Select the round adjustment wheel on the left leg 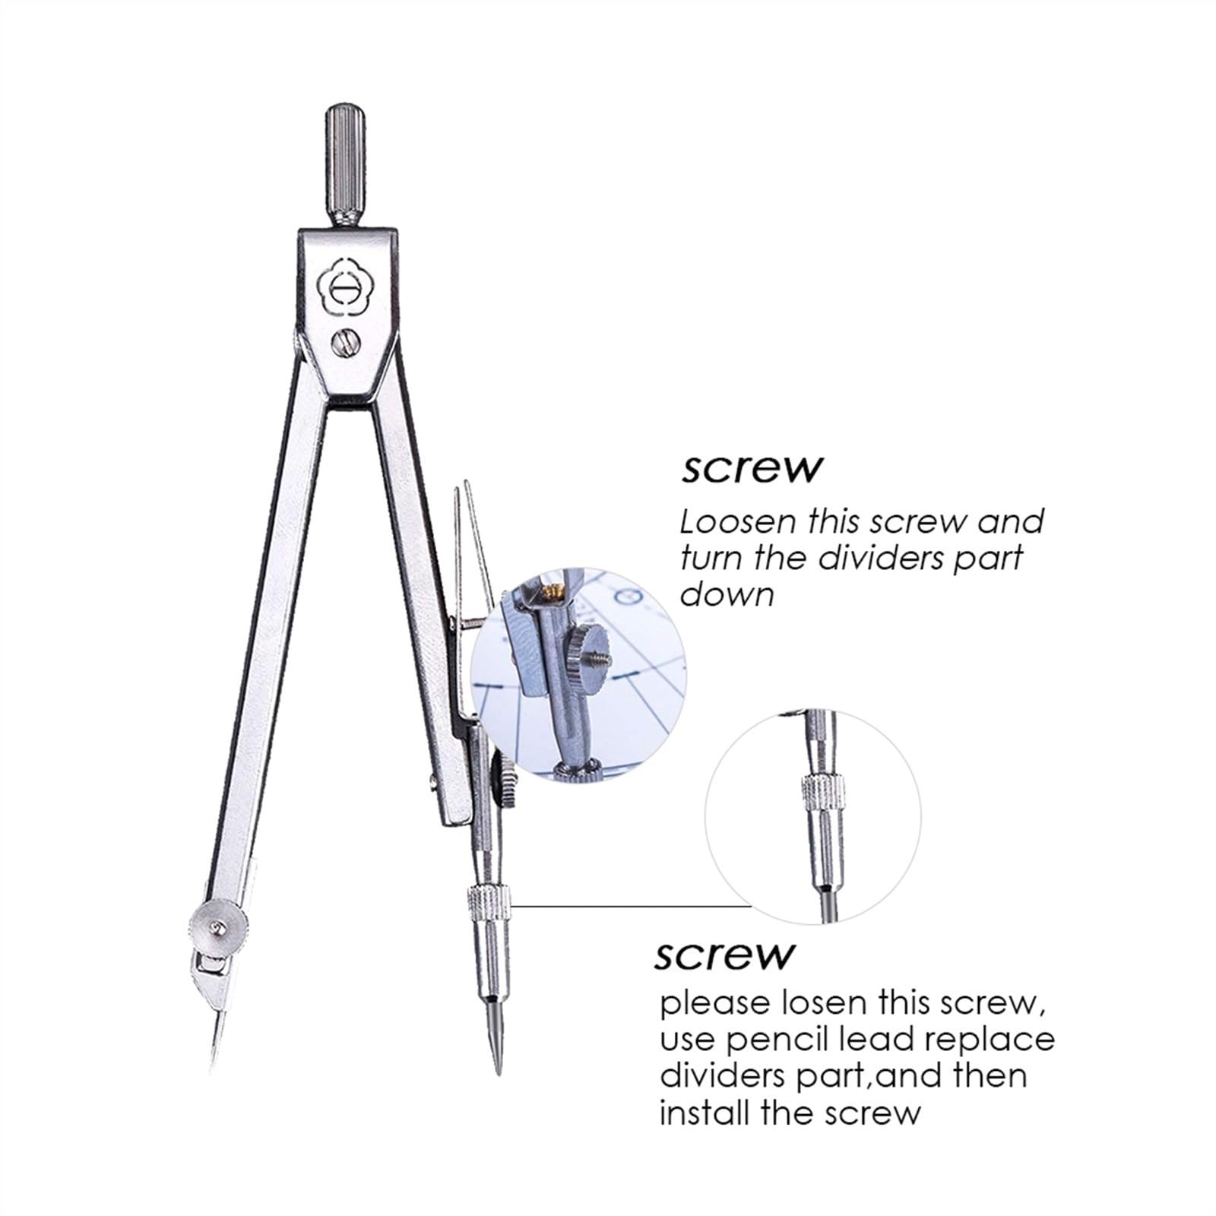218,926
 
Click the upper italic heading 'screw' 751,470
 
